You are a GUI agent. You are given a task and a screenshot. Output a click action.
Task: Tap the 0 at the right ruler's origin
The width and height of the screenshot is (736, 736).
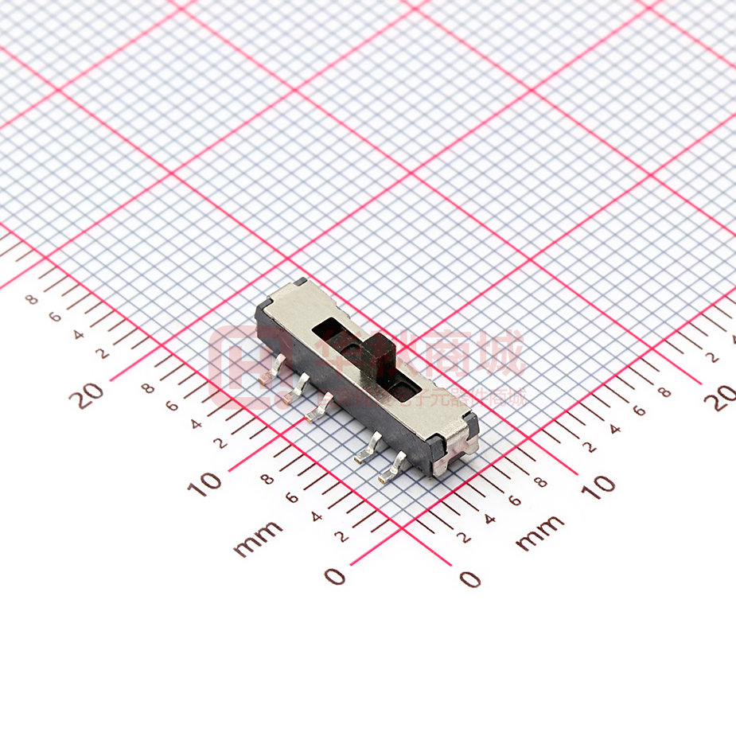coord(470,578)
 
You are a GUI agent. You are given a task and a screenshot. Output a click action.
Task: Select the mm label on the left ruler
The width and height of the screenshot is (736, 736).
coord(258,539)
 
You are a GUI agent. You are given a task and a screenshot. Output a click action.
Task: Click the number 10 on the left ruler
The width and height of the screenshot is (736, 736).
coord(206,483)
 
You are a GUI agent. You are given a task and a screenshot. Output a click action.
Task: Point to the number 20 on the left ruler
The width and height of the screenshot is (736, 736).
coord(90,394)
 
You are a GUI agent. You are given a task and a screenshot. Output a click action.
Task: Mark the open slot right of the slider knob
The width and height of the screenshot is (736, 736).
coord(406,387)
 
